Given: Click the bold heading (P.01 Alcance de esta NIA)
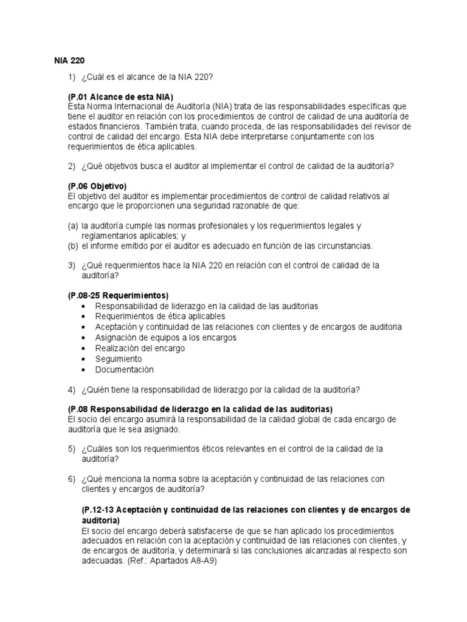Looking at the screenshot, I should pyautogui.click(x=120, y=97).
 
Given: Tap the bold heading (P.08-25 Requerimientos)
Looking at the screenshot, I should pyautogui.click(x=118, y=295).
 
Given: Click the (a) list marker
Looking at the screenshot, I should pyautogui.click(x=72, y=226).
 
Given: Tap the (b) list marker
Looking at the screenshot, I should pyautogui.click(x=72, y=246).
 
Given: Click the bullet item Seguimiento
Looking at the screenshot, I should pyautogui.click(x=119, y=359).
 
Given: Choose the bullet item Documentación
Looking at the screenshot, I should pyautogui.click(x=125, y=369).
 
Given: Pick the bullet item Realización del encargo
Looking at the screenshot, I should pyautogui.click(x=140, y=348).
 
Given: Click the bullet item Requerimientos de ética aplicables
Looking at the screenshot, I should pyautogui.click(x=160, y=316).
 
